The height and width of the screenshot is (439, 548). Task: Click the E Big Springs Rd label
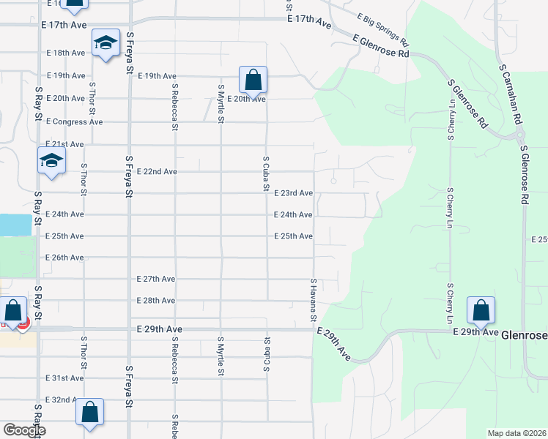pyautogui.click(x=383, y=30)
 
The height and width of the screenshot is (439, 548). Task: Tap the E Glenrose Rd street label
pyautogui.click(x=381, y=47)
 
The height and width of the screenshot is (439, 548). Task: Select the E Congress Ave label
pyautogui.click(x=75, y=121)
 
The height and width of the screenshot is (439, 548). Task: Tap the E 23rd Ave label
pyautogui.click(x=293, y=193)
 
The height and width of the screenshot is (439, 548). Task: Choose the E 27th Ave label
pyautogui.click(x=156, y=279)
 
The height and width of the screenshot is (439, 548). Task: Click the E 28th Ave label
pyautogui.click(x=156, y=301)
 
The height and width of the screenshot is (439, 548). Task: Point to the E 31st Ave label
pyautogui.click(x=64, y=378)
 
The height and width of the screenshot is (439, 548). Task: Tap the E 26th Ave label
pyautogui.click(x=64, y=258)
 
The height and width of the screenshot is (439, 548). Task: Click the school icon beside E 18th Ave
pyautogui.click(x=106, y=44)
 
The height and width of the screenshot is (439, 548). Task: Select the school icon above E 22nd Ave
pyautogui.click(x=51, y=161)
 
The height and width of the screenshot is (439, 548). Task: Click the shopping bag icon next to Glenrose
pyautogui.click(x=481, y=310)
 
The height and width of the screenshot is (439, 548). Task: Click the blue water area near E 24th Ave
pyautogui.click(x=15, y=225)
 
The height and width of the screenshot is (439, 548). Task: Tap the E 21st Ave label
pyautogui.click(x=64, y=144)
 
